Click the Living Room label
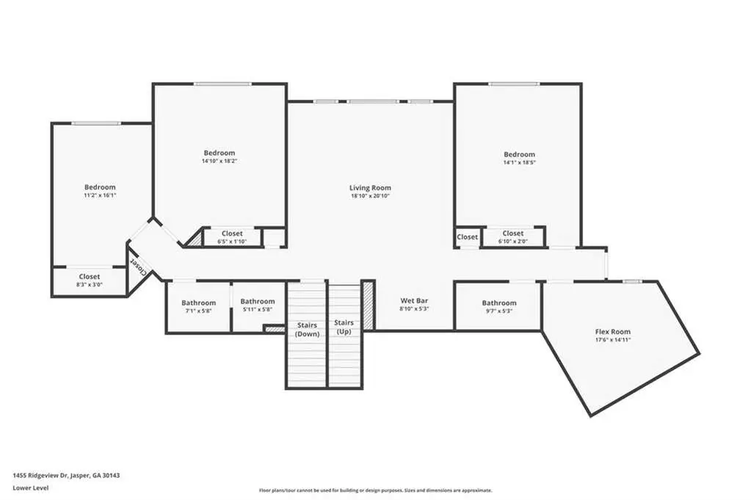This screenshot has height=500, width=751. [x=370, y=188]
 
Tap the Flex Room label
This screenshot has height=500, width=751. [x=612, y=331]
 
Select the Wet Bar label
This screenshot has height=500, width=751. [x=414, y=301]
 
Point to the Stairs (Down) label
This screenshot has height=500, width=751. [x=307, y=330]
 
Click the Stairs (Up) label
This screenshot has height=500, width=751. [x=344, y=327]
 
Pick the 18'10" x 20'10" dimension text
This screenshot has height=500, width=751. [x=370, y=196]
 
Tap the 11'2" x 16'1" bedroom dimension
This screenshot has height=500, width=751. [x=100, y=195]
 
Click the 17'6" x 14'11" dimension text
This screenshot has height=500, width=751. [x=612, y=339]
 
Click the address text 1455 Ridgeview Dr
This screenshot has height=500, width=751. [x=40, y=476]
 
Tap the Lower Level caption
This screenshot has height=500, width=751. [x=31, y=488]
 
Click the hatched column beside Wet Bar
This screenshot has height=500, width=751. [x=368, y=305]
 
